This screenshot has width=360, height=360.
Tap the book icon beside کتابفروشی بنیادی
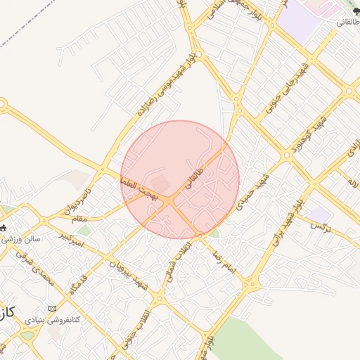coord(52,309)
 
